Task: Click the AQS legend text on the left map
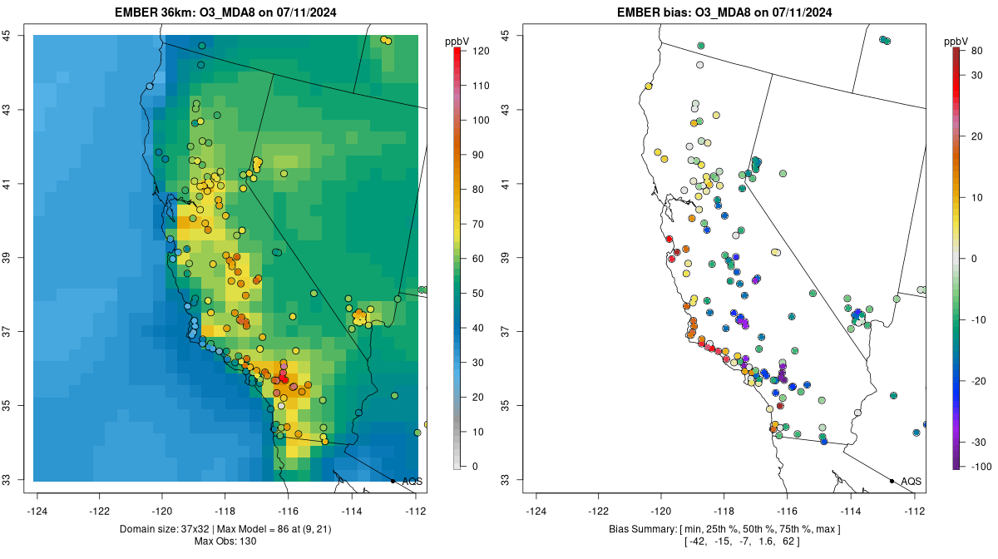pyautogui.click(x=412, y=481)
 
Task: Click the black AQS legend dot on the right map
pyautogui.click(x=892, y=481)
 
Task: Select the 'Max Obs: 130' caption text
pyautogui.click(x=225, y=542)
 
